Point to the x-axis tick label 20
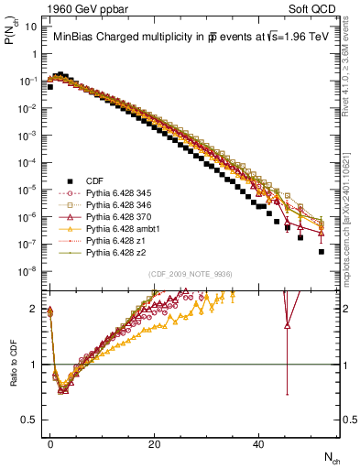click(x=155, y=443)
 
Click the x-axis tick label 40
click(x=259, y=443)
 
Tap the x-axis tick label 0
click(x=50, y=443)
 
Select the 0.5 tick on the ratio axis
click(x=30, y=420)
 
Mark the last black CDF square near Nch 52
click(x=322, y=251)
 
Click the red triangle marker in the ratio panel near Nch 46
click(x=288, y=324)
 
